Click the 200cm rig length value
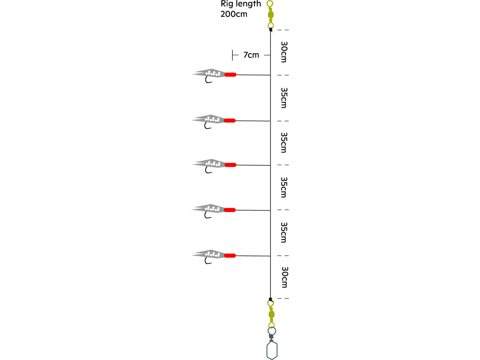234,14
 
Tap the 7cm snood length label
251,55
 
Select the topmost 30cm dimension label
284,52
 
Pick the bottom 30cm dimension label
284,277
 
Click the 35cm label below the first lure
284,98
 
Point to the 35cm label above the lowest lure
284,232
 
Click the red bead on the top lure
230,74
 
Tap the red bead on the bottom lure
230,256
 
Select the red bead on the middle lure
230,165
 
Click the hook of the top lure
208,80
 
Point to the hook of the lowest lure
208,260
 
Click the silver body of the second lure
208,119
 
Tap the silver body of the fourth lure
208,208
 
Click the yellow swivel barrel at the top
271,15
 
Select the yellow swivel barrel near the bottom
271,314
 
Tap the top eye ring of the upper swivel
270,4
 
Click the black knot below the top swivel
271,30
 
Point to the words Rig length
241,4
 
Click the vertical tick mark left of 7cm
232,55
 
